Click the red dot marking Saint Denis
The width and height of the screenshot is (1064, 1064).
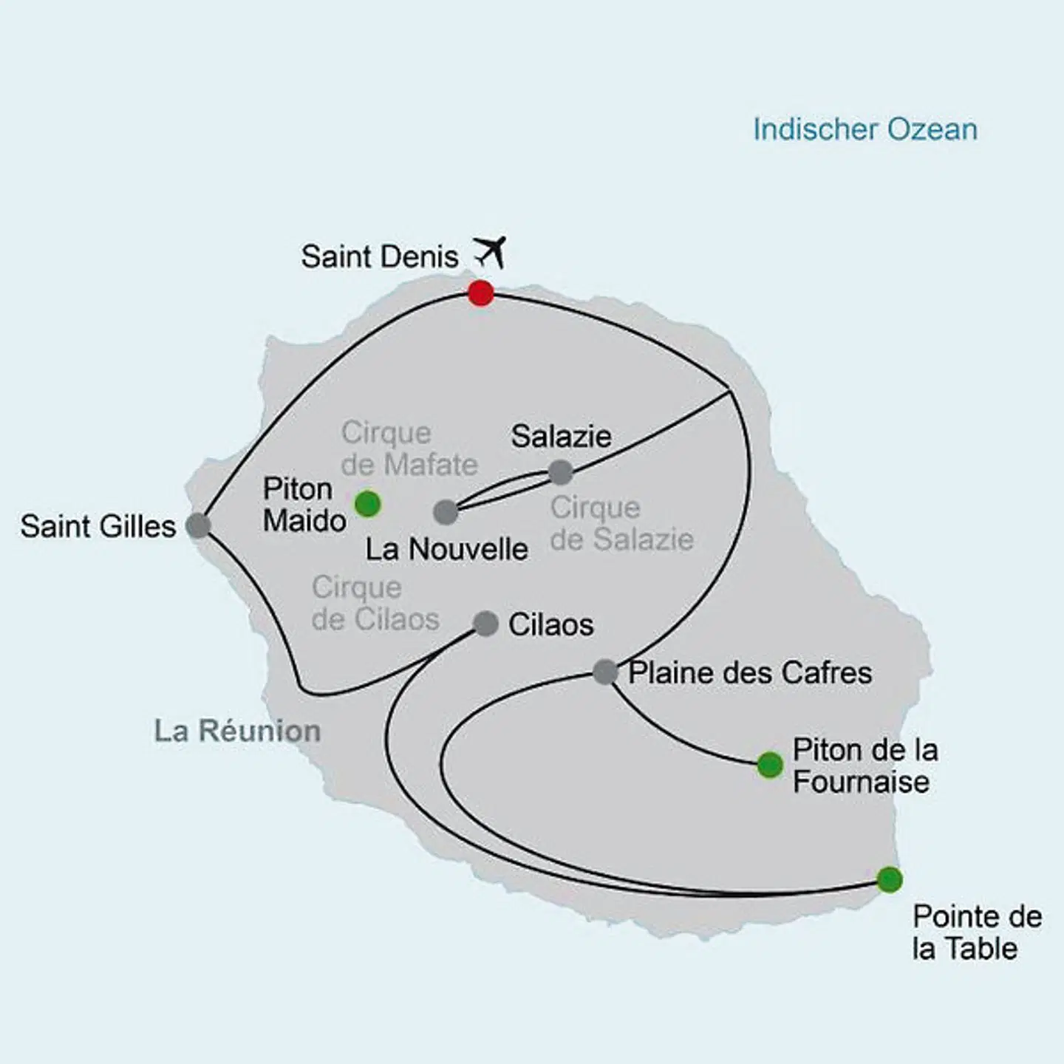(481, 293)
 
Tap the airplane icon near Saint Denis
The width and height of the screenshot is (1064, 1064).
(490, 252)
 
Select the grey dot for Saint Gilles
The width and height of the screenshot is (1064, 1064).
(198, 525)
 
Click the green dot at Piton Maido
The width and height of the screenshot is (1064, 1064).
(368, 504)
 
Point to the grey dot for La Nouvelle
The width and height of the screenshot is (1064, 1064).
(446, 511)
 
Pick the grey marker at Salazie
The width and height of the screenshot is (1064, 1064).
(561, 471)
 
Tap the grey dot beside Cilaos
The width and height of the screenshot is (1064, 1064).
(485, 624)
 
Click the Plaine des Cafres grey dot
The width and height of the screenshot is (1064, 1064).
(605, 672)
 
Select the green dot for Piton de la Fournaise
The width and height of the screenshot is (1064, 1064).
(770, 765)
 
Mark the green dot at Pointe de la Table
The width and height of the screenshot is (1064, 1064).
(890, 879)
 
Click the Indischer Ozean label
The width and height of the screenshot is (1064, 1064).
(865, 129)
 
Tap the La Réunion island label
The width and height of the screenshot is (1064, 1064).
(237, 731)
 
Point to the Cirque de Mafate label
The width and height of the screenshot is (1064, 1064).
(409, 449)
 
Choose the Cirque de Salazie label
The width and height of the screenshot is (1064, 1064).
(621, 523)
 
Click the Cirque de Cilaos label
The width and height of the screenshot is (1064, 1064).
(375, 603)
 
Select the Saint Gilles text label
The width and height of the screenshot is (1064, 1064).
(98, 526)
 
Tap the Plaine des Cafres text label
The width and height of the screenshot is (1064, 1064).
(750, 672)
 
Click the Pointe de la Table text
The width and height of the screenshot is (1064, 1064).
(977, 932)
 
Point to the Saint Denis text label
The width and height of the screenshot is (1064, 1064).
(380, 256)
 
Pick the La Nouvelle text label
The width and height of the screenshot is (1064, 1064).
(447, 549)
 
